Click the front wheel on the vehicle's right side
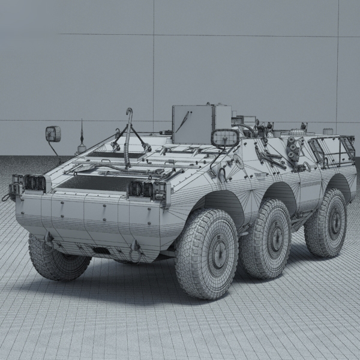click(x=207, y=252)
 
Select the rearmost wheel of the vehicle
click(x=327, y=223)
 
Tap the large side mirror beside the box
click(x=225, y=138)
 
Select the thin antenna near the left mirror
click(x=81, y=135)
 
